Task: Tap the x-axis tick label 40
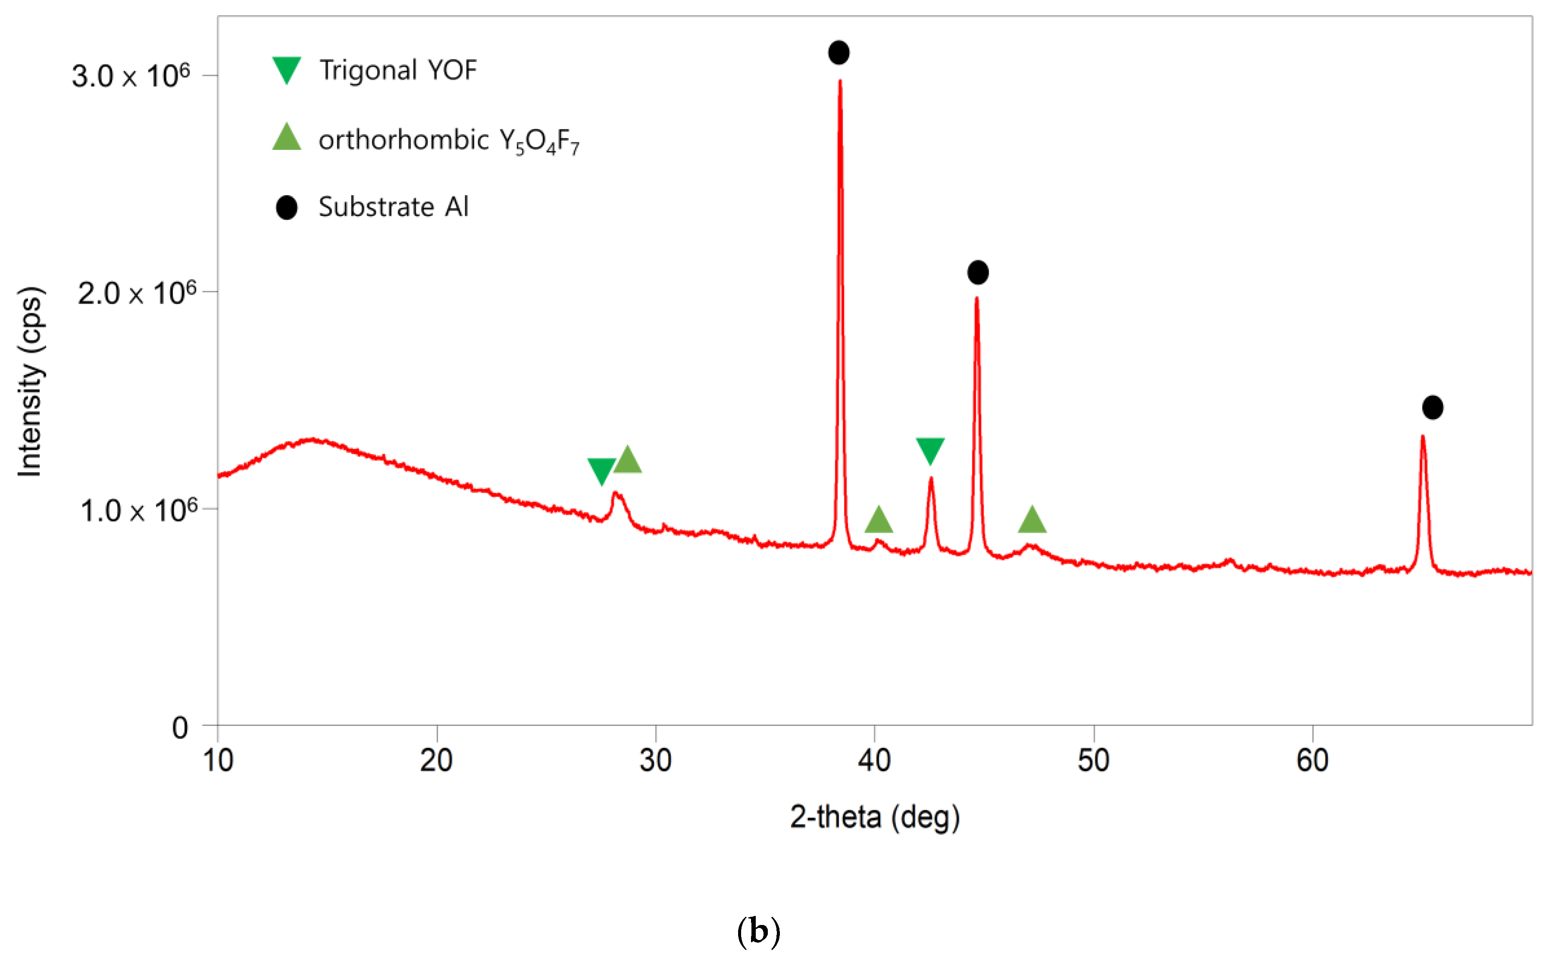pyautogui.click(x=874, y=760)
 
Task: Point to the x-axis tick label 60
pyautogui.click(x=1312, y=760)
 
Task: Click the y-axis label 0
pyautogui.click(x=180, y=728)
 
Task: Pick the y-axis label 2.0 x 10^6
pyautogui.click(x=137, y=293)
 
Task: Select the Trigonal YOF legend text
pyautogui.click(x=398, y=70)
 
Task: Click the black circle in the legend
pyautogui.click(x=287, y=207)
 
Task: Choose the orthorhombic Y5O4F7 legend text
pyautogui.click(x=449, y=140)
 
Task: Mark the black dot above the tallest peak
pyautogui.click(x=838, y=53)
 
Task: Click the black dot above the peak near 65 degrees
pyautogui.click(x=1432, y=407)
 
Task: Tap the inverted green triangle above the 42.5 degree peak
pyautogui.click(x=930, y=450)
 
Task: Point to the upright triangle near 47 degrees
pyautogui.click(x=1032, y=520)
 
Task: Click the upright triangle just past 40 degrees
pyautogui.click(x=879, y=520)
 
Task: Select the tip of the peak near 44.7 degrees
pyautogui.click(x=976, y=298)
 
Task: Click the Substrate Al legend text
pyautogui.click(x=393, y=207)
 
